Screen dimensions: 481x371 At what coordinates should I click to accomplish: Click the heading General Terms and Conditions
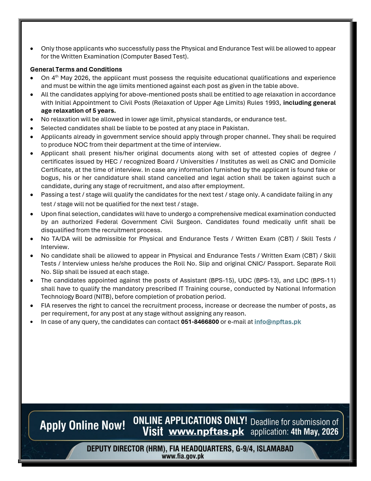point(76,70)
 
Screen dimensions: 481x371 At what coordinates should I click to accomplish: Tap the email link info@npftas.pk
point(277,322)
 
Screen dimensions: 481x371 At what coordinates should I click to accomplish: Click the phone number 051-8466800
point(200,322)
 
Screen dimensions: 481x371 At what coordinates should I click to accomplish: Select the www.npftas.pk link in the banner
point(206,431)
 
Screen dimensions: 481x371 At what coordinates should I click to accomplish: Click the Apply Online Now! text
point(82,425)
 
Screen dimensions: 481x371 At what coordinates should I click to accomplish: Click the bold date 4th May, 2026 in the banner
point(314,432)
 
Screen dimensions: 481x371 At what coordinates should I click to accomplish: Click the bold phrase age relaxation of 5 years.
point(78,111)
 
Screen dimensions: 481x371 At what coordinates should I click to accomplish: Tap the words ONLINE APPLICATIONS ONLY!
point(190,420)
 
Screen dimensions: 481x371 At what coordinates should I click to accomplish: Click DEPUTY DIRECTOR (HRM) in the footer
point(126,449)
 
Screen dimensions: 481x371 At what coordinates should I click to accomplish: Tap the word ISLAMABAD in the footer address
point(275,449)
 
